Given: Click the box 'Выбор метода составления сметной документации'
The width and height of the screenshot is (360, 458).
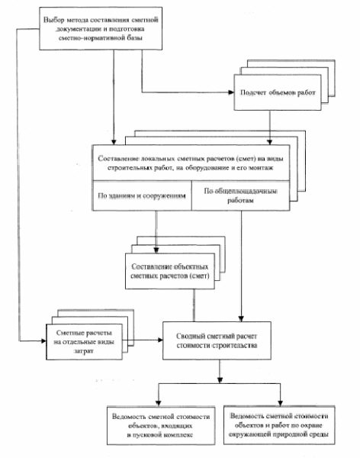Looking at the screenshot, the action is coord(101,29).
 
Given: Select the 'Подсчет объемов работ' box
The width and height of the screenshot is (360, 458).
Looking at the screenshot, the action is coord(278,92).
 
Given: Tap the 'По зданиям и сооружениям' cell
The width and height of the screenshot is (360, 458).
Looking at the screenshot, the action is coord(142,195).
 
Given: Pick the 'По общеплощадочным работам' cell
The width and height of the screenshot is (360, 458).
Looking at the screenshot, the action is coord(240,195).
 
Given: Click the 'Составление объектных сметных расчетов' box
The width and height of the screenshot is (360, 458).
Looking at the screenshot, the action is coord(170,271).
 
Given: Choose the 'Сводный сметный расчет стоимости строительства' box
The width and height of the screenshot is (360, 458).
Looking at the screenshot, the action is coord(217,340).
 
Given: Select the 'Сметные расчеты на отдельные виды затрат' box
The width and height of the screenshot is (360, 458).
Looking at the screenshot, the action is coord(84,342).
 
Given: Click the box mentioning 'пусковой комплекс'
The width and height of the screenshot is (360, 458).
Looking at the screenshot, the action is coord(161,426).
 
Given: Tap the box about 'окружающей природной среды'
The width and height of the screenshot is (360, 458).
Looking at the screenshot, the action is coord(279,425).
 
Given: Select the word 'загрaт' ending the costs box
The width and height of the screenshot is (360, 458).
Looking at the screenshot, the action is coord(84,351).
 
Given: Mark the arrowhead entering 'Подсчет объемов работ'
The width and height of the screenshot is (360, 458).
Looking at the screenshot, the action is coord(231,92).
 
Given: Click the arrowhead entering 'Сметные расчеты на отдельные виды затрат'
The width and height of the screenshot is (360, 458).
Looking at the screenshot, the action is coord(43,341).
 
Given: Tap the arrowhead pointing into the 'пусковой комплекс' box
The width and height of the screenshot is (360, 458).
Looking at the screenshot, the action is coord(158,403).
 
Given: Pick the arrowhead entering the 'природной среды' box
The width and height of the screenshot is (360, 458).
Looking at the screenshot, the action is coord(280,403).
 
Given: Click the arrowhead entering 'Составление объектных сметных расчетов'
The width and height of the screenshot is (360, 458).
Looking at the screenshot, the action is coord(156,250).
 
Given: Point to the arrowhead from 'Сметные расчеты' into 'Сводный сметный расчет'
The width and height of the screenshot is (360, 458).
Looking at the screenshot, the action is coord(160,340).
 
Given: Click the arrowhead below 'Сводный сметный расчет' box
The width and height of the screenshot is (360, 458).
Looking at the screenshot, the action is coord(220,380).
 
